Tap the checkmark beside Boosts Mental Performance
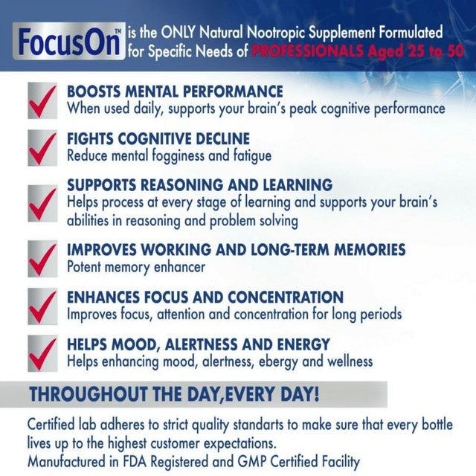42,100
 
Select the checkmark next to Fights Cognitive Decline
42,148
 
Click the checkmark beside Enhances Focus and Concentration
42,306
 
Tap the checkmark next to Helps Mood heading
42,353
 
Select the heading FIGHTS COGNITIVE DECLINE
158,139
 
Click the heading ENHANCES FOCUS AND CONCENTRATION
205,297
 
